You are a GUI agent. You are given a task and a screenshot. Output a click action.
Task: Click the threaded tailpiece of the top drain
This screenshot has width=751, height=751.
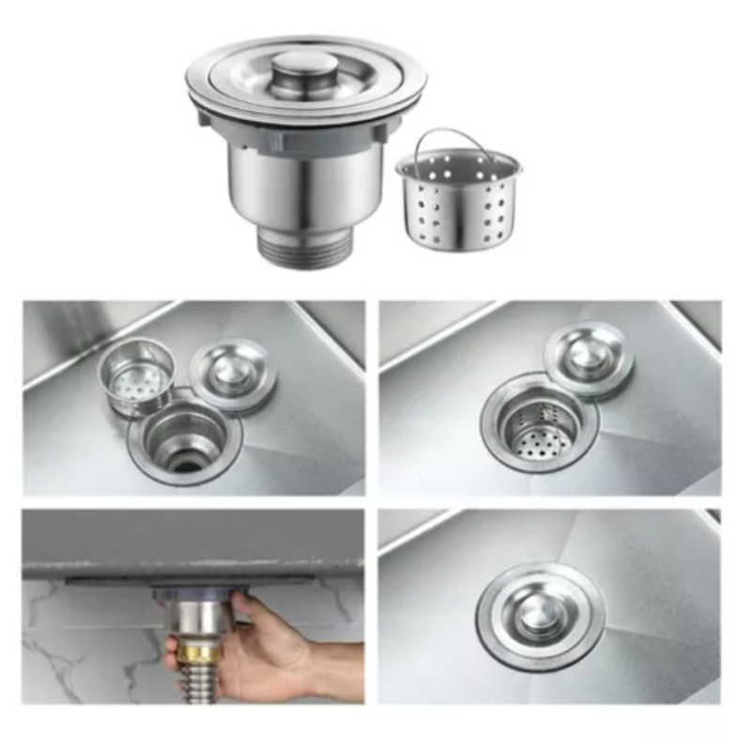[x=304, y=248]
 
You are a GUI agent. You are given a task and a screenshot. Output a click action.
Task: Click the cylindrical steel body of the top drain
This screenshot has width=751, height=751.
[x=302, y=188]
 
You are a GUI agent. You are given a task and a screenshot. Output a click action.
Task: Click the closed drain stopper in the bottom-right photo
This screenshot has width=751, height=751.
[x=540, y=615]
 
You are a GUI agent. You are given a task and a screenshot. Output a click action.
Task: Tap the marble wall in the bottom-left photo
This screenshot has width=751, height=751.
[x=75, y=648]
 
